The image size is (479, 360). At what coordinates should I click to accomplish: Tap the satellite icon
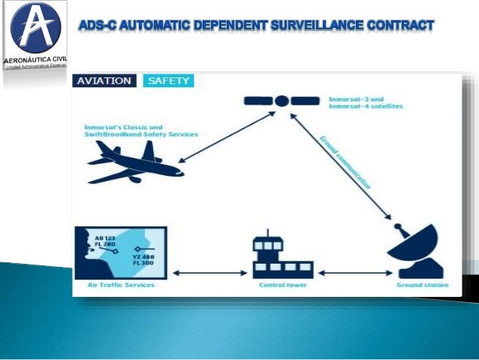281,101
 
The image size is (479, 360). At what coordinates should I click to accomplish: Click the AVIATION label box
104,80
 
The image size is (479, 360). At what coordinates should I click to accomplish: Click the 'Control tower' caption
277,286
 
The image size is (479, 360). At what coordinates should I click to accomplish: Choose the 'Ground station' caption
422,286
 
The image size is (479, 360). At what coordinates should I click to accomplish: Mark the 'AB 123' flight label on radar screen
106,237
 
